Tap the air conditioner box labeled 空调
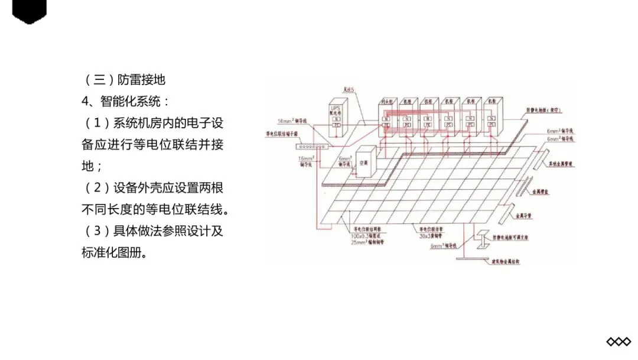click(364, 161)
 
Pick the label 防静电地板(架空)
click(545, 111)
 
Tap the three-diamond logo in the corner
click(619, 342)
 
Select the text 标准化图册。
click(114, 252)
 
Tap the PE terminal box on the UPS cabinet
click(336, 125)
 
